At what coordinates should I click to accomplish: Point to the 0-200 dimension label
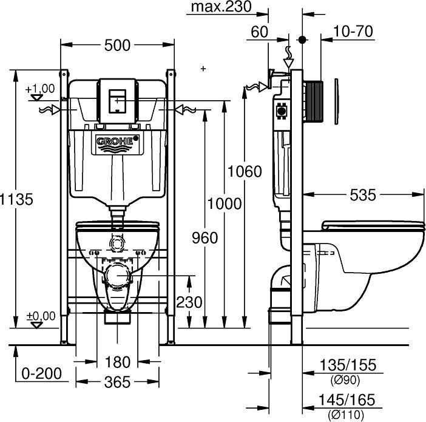pyautogui.click(x=41, y=373)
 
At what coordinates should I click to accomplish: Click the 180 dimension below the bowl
pyautogui.click(x=118, y=362)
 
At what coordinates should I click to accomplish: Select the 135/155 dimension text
pyautogui.click(x=348, y=366)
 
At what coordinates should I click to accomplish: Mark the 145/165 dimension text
pyautogui.click(x=348, y=401)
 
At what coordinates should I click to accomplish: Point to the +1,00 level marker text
pyautogui.click(x=40, y=89)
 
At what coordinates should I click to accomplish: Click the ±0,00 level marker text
pyautogui.click(x=40, y=315)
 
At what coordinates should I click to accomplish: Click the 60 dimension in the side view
pyautogui.click(x=259, y=31)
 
